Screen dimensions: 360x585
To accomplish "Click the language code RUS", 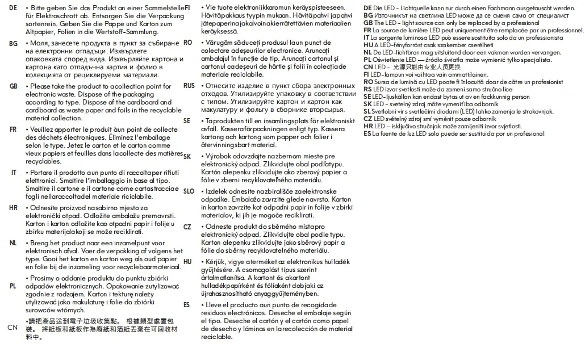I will (189, 86).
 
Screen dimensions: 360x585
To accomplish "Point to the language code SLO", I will (189, 191).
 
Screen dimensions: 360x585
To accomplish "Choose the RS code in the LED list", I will (368, 89).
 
